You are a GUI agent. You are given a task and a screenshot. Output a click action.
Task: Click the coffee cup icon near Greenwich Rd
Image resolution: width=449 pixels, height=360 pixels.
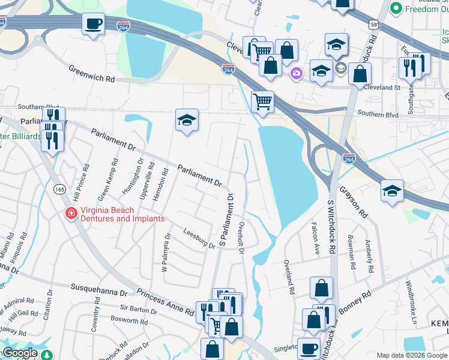tap(93, 24)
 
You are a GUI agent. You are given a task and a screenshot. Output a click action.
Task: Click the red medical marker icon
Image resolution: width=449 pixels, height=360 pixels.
tap(70, 214)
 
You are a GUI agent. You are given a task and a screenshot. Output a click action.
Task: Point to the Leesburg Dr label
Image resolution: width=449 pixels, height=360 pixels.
tap(199, 239)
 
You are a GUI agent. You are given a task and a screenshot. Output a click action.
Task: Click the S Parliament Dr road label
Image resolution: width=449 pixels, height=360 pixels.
tap(226, 219)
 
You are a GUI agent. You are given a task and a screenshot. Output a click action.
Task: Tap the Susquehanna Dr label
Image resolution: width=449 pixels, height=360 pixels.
tap(100, 291)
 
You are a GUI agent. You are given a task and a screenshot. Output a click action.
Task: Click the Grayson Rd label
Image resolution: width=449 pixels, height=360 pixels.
tap(352, 201)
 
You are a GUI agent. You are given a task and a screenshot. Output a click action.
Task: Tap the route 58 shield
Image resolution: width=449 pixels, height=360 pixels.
tap(374, 24)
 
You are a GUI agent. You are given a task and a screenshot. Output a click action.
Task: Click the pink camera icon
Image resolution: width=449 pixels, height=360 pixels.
tap(295, 74)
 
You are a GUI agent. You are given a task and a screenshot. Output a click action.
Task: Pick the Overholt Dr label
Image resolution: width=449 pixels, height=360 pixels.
tap(241, 238)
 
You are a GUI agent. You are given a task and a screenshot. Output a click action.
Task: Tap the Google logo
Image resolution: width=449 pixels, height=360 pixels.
tap(19, 353)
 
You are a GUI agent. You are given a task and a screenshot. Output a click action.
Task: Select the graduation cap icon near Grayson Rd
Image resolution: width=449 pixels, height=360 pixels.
tap(392, 191)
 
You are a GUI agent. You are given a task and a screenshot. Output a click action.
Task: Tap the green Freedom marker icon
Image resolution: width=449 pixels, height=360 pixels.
tap(396, 8)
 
